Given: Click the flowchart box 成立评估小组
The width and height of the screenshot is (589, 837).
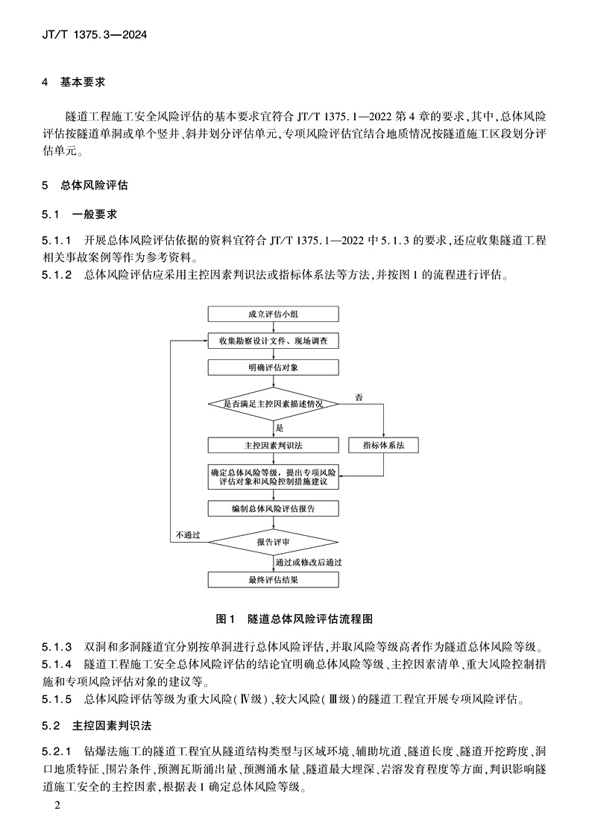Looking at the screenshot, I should (273, 314).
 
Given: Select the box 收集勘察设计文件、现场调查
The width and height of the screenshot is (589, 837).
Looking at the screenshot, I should (273, 341).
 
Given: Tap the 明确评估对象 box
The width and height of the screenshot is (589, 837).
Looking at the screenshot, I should (273, 367).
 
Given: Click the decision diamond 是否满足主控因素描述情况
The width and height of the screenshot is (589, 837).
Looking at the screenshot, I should (273, 403).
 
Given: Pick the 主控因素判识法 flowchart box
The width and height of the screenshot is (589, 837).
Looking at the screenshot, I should (273, 445).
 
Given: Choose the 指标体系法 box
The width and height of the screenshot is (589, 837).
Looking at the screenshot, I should (383, 445).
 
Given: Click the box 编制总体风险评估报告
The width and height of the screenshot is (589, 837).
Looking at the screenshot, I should (273, 508).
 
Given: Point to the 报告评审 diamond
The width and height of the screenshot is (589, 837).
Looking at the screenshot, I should (273, 542).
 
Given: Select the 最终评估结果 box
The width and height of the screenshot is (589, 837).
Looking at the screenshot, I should (273, 579).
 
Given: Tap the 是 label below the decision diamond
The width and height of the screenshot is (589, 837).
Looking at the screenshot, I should (280, 428).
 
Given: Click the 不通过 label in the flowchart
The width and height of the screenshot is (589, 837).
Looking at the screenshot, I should (188, 535).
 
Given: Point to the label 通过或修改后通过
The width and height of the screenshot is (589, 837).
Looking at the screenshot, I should (309, 562).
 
